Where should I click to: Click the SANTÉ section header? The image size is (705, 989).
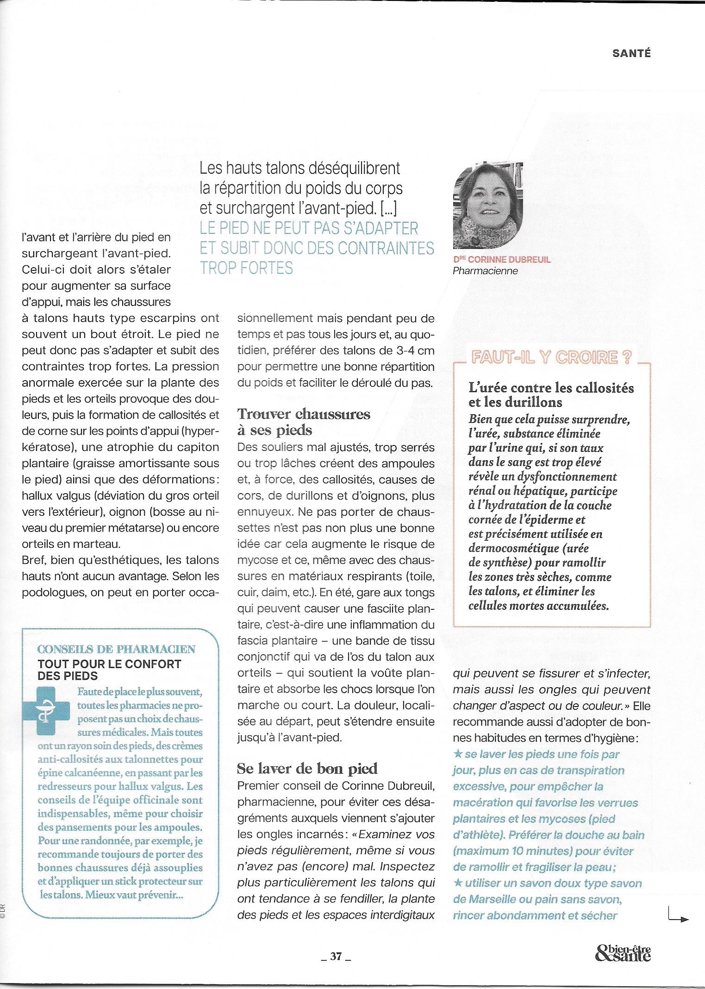tap(631, 54)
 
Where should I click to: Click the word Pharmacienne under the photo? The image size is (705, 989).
tap(485, 271)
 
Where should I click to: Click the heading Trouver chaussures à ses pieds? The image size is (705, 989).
tap(303, 422)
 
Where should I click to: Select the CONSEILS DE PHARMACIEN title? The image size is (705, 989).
tap(116, 649)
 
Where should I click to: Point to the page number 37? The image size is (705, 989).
tap(336, 957)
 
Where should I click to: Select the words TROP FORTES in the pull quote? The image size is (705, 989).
tap(246, 268)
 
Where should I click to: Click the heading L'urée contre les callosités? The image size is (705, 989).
tap(551, 388)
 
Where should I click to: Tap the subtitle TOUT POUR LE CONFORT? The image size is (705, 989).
tap(109, 664)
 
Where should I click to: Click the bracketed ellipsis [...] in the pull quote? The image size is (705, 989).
tap(387, 209)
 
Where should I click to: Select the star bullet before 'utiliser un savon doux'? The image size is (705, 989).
tap(458, 883)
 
